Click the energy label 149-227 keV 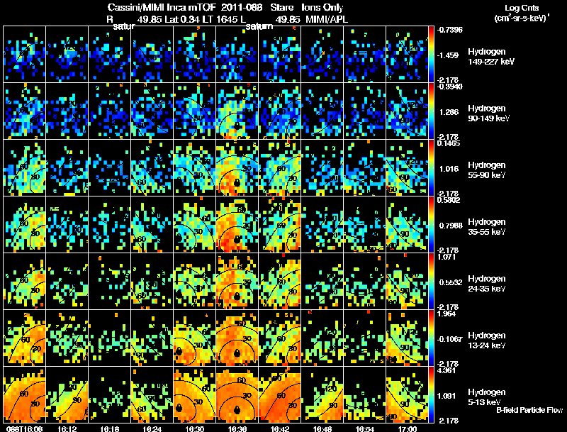pyautogui.click(x=490, y=62)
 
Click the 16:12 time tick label pyautogui.click(x=67, y=428)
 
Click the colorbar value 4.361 pyautogui.click(x=446, y=370)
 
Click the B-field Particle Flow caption pyautogui.click(x=529, y=410)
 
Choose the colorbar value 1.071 pyautogui.click(x=446, y=256)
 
